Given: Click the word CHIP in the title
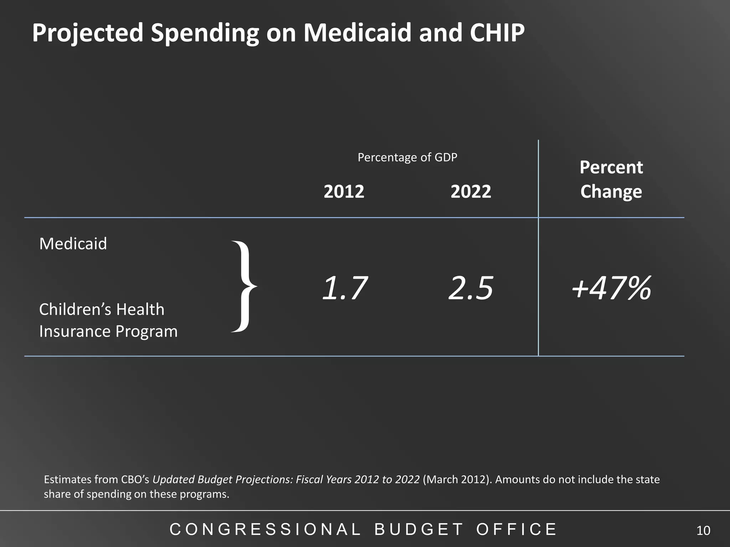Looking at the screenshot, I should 497,32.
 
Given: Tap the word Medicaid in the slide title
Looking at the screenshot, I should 357,32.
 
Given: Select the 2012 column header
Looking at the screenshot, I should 344,192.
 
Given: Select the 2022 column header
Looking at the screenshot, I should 471,192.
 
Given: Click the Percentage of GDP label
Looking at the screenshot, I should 407,157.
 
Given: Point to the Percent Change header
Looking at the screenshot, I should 611,179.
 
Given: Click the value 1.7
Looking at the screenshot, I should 344,288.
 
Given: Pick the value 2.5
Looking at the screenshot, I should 471,288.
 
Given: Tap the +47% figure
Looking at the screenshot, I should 611,288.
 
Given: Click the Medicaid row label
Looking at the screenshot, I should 73,244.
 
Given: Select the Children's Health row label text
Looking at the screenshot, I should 102,309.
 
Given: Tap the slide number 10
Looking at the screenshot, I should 703,531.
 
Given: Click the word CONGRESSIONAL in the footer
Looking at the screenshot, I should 266,529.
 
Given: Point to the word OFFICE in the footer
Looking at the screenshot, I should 516,529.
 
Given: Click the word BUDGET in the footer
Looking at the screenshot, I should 419,529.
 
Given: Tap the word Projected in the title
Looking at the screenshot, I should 87,32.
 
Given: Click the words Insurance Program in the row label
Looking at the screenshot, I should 108,331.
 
